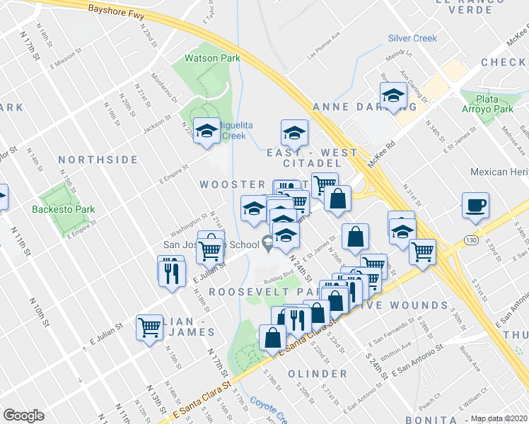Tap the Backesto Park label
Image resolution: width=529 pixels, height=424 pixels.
tap(63, 208)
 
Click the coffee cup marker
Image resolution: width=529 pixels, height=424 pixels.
tap(475, 205)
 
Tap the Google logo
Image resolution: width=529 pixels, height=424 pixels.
tap(23, 416)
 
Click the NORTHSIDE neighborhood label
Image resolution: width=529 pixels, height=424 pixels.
tap(98, 160)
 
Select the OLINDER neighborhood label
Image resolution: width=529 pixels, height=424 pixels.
tap(318, 373)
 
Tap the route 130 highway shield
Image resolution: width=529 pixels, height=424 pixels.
tap(471, 242)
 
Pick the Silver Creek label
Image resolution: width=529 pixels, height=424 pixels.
tap(412, 38)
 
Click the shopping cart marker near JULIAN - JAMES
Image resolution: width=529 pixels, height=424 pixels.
tap(150, 327)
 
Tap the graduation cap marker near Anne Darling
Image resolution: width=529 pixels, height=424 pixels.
tap(393, 96)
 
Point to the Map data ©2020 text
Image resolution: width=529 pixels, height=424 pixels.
tap(499, 418)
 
